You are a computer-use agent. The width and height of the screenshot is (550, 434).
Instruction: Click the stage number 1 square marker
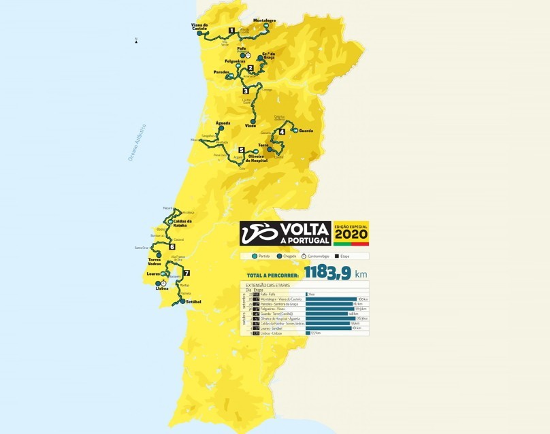(232, 31)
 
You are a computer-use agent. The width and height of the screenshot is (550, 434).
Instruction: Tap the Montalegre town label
(264, 20)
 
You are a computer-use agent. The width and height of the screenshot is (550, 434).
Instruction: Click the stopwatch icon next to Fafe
(248, 56)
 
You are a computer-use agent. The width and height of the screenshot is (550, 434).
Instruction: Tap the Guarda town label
(306, 130)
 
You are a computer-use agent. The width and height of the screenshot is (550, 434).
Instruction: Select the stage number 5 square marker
(242, 150)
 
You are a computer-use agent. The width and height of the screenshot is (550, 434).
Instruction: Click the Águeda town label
(223, 123)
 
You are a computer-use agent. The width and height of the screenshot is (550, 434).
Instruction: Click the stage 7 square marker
(186, 273)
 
